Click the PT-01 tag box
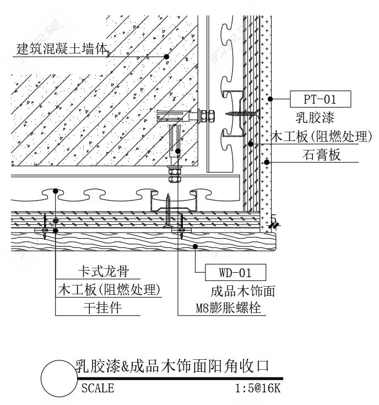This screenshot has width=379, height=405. tap(321, 99)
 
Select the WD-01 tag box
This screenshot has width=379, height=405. tap(235, 272)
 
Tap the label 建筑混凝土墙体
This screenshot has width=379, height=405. tap(62, 49)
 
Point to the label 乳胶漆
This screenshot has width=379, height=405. tap(315, 117)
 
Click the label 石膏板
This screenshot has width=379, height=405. tap(321, 155)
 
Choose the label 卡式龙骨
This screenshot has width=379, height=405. tap(104, 271)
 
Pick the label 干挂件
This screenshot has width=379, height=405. tap(102, 308)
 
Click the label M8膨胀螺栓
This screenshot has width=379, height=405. tap(228, 308)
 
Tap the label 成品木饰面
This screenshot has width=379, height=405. tap(243, 291)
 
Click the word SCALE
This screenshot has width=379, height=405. tap(98, 388)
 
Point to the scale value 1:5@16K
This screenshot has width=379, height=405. tap(257, 388)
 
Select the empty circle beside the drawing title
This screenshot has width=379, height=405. tap(59, 379)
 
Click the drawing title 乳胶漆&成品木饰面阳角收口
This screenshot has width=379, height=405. tap(172, 366)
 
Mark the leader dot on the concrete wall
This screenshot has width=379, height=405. tap(166, 56)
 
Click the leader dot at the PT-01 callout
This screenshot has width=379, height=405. tap(270, 99)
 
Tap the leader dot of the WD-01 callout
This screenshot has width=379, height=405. tap(196, 246)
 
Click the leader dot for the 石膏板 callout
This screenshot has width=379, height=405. tap(267, 162)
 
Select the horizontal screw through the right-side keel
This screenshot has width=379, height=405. tap(242, 113)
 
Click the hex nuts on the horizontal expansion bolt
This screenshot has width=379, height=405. tap(206, 116)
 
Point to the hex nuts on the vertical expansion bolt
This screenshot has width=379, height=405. tap(175, 174)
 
